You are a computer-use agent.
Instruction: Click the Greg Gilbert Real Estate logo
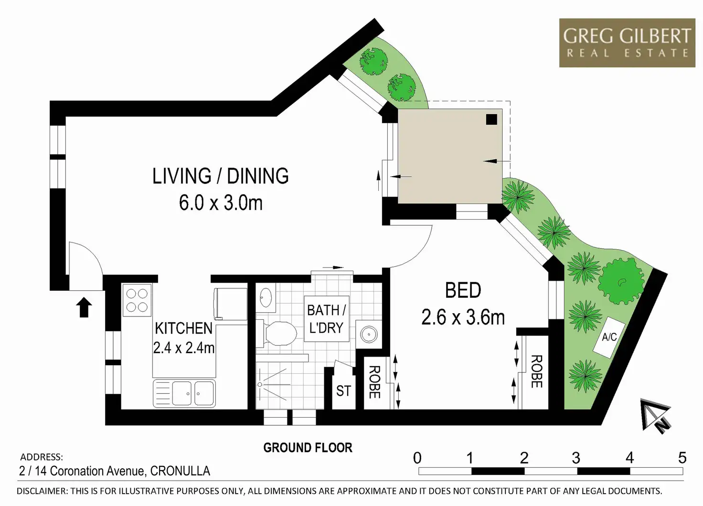(x=627, y=43)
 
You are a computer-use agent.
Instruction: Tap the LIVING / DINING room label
(x=220, y=176)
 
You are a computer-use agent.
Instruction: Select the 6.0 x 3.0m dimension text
(x=221, y=203)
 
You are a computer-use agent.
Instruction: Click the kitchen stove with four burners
(x=137, y=300)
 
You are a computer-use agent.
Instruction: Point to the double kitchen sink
(x=184, y=393)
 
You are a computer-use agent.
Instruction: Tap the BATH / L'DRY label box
(x=326, y=319)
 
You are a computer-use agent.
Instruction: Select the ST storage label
(x=343, y=391)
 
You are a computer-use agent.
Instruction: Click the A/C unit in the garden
(x=609, y=337)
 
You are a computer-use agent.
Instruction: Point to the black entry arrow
(x=84, y=307)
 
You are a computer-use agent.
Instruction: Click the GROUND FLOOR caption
(x=308, y=448)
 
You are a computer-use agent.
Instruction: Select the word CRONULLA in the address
(x=180, y=471)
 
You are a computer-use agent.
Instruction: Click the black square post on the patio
(x=491, y=119)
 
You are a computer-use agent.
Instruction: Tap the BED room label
(x=463, y=290)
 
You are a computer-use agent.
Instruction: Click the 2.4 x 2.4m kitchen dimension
(x=184, y=348)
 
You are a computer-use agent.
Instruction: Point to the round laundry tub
(x=368, y=335)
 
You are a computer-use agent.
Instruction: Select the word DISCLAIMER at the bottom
(x=42, y=491)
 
